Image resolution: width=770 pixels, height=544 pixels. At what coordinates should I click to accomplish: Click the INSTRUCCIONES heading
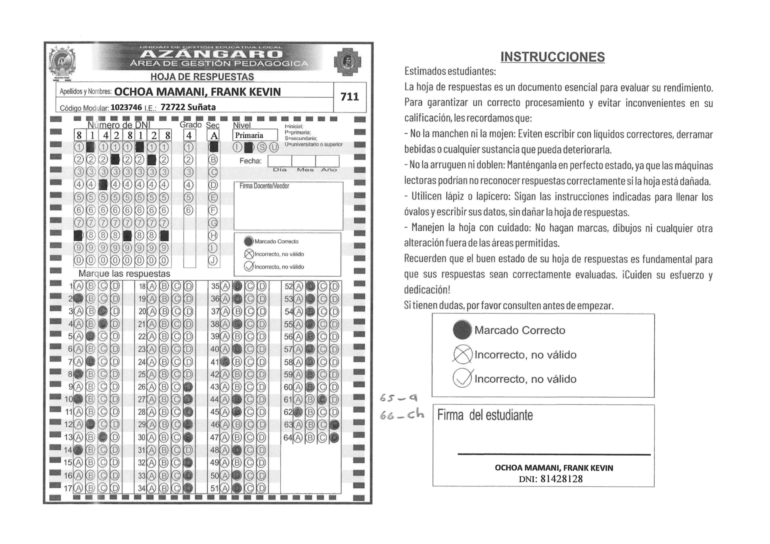552,57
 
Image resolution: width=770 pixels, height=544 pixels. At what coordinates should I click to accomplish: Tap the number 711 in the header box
350,97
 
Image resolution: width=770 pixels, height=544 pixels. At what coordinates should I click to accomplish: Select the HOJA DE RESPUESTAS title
202,77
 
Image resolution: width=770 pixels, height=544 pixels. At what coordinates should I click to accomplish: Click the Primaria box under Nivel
255,135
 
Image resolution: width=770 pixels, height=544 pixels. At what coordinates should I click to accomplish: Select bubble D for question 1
115,286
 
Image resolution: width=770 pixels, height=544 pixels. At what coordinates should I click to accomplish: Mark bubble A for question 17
78,488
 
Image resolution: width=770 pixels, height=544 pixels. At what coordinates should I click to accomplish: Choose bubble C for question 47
249,437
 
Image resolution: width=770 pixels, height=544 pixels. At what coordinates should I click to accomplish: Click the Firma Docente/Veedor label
264,186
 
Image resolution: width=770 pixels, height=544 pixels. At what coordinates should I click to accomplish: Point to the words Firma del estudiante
485,415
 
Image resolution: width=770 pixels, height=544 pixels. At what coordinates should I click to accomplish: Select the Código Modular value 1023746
126,107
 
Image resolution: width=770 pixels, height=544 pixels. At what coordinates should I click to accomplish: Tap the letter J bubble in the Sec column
213,261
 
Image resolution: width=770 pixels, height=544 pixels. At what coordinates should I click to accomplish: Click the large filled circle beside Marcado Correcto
462,330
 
